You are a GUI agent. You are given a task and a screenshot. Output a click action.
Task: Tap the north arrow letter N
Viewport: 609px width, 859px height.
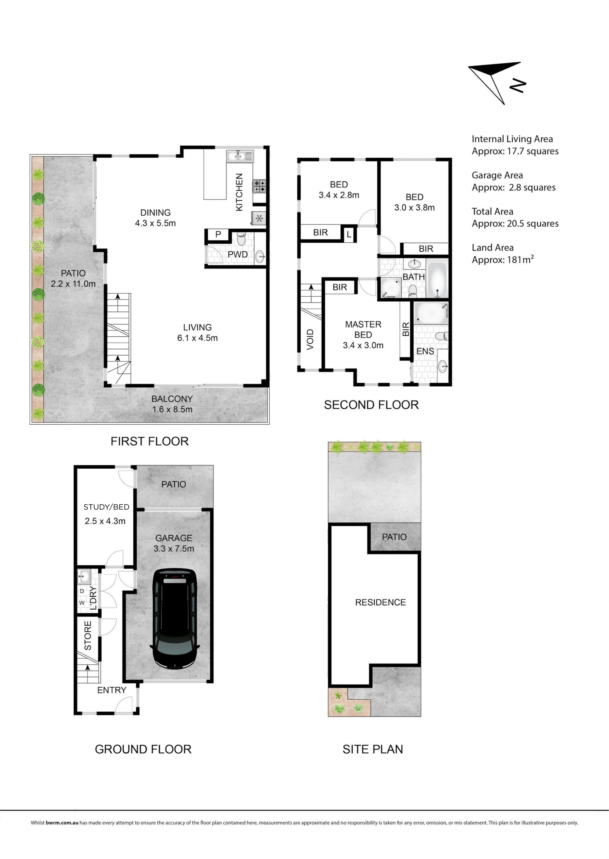point(518,85)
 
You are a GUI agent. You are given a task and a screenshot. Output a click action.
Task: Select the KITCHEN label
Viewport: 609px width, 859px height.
point(239,192)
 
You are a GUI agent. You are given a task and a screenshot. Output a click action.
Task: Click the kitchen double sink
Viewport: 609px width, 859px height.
point(240,155)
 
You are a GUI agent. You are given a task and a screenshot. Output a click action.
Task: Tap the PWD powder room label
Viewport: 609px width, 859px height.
point(238,254)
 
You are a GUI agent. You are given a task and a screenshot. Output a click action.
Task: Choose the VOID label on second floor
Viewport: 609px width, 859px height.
point(310,340)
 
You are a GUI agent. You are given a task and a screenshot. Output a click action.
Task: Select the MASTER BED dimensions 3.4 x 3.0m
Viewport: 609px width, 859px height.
point(363,345)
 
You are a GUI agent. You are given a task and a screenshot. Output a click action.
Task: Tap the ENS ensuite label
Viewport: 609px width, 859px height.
point(425,351)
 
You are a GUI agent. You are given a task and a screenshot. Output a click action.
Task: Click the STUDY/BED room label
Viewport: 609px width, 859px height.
point(106,507)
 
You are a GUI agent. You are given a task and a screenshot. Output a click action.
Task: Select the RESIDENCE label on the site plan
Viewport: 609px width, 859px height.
point(380,602)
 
